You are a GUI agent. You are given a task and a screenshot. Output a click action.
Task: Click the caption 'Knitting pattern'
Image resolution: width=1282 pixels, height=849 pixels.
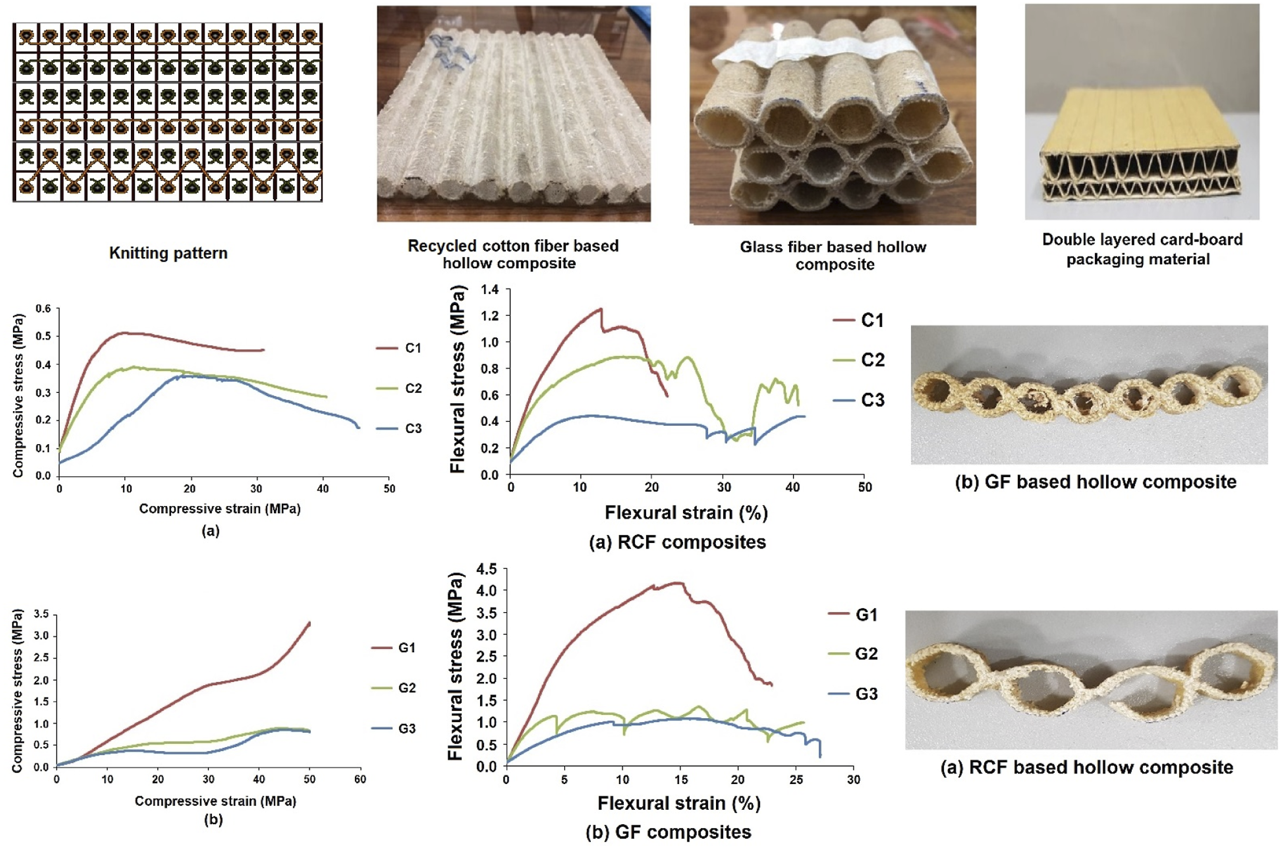pyautogui.click(x=168, y=253)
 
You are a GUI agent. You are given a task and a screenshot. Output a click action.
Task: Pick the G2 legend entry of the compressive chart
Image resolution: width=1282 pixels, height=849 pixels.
pyautogui.click(x=394, y=688)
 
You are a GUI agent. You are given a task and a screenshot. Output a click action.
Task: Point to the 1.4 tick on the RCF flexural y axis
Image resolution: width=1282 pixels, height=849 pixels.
pyautogui.click(x=490, y=290)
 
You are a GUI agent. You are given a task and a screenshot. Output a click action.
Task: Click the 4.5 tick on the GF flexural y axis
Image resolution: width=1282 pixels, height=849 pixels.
pyautogui.click(x=486, y=569)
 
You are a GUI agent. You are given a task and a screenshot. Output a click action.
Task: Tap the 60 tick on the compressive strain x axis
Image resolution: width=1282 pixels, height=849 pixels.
pyautogui.click(x=360, y=779)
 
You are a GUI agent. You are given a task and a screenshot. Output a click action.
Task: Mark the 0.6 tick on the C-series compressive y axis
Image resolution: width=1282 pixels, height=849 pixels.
pyautogui.click(x=43, y=308)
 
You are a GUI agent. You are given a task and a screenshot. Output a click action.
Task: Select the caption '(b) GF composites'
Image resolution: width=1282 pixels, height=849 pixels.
pyautogui.click(x=668, y=831)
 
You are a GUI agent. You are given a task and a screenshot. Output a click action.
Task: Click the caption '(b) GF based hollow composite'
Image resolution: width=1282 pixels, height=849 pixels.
pyautogui.click(x=1095, y=481)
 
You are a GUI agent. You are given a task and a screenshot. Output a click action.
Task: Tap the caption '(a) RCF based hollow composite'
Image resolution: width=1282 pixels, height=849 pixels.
pyautogui.click(x=1087, y=767)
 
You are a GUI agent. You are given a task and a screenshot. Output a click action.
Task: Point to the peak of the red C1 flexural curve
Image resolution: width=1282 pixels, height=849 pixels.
pyautogui.click(x=601, y=308)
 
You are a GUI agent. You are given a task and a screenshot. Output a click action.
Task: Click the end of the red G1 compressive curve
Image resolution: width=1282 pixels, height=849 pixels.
pyautogui.click(x=309, y=623)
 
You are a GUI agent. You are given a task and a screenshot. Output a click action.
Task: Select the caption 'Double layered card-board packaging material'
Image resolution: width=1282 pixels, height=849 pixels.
pyautogui.click(x=1142, y=249)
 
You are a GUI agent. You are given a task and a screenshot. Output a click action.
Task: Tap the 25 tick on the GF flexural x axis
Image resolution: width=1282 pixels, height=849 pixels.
pyautogui.click(x=796, y=780)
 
